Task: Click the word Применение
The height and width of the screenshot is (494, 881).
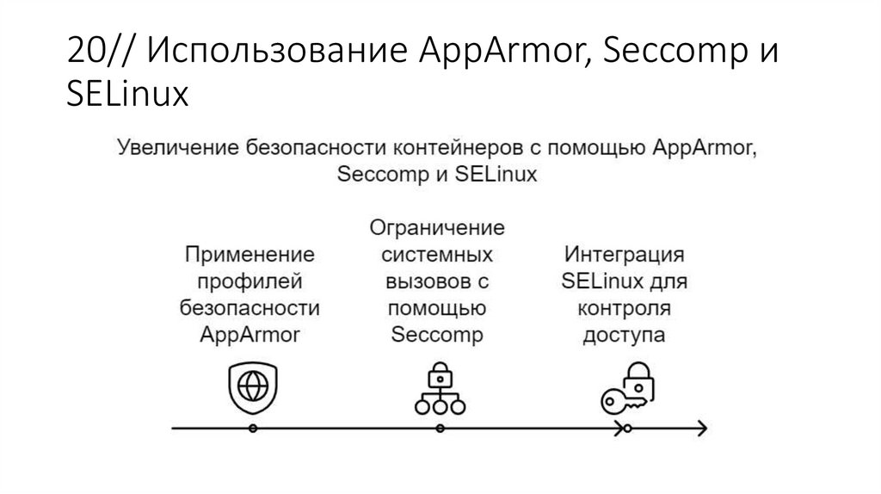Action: tap(249, 255)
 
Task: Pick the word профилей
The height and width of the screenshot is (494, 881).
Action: tap(249, 281)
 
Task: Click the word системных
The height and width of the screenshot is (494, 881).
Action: tap(437, 255)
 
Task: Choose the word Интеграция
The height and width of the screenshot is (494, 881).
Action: tap(625, 255)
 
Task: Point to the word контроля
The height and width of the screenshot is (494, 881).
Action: tap(625, 308)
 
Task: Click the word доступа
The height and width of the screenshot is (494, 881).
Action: tap(625, 335)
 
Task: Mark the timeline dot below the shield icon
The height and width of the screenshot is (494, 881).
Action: tap(251, 428)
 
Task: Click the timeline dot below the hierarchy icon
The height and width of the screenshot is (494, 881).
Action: tap(440, 428)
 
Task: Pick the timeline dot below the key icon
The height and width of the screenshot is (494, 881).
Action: tap(627, 428)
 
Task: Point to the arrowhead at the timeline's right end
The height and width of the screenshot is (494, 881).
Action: tap(702, 428)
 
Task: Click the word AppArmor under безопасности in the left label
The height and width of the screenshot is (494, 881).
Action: tap(249, 335)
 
